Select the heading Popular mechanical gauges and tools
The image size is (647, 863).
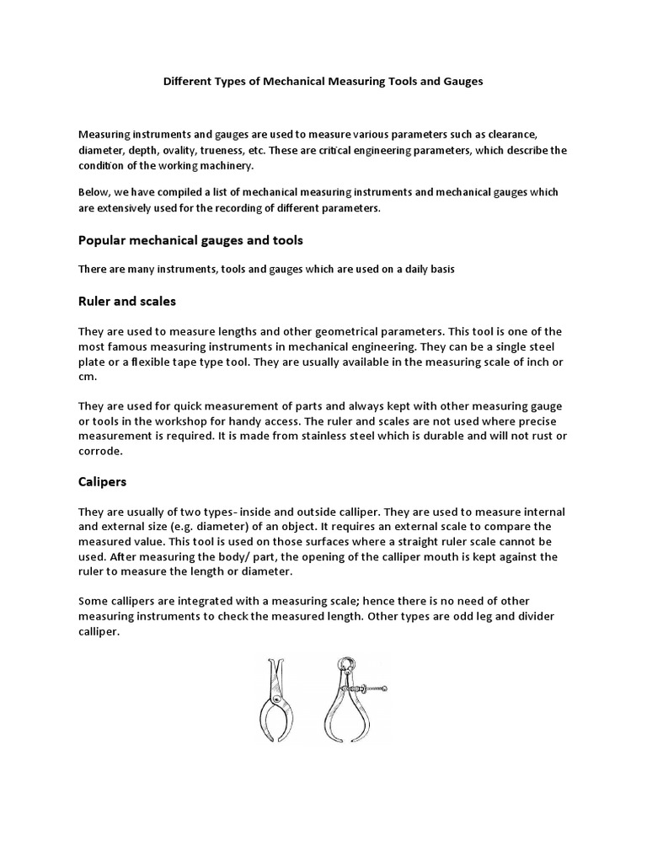tap(190, 240)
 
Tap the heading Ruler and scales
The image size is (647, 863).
tap(127, 300)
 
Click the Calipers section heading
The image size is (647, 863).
tap(103, 482)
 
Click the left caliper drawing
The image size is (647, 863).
tap(274, 700)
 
